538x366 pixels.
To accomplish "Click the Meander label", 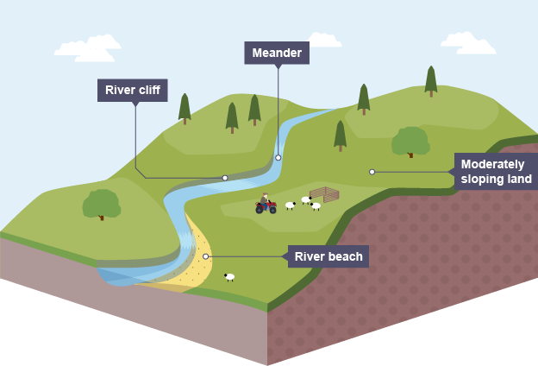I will point(277,54).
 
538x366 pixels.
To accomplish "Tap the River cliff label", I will point(132,90).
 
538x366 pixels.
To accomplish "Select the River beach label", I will point(328,256).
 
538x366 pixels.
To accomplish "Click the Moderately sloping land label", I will point(496,172).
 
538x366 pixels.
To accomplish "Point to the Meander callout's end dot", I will point(278,158).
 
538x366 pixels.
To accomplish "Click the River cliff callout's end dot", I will point(225,178).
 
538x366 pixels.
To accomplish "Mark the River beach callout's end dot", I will point(206,256).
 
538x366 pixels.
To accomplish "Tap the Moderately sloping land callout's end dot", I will point(372,172).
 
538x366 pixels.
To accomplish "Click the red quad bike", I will point(266,207).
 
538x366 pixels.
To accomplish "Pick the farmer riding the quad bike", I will point(266,199).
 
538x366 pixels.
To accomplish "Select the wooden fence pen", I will point(325,193).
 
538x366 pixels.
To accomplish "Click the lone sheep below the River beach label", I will point(229,277).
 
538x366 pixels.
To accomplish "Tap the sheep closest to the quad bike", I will point(291,205).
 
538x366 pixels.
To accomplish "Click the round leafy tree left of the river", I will point(102,205).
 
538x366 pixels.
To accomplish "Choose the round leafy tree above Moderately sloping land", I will point(410,141).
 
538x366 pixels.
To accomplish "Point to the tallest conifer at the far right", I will point(430,79).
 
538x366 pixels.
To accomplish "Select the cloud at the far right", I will point(468,41).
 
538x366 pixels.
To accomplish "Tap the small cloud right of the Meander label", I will point(324,40).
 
